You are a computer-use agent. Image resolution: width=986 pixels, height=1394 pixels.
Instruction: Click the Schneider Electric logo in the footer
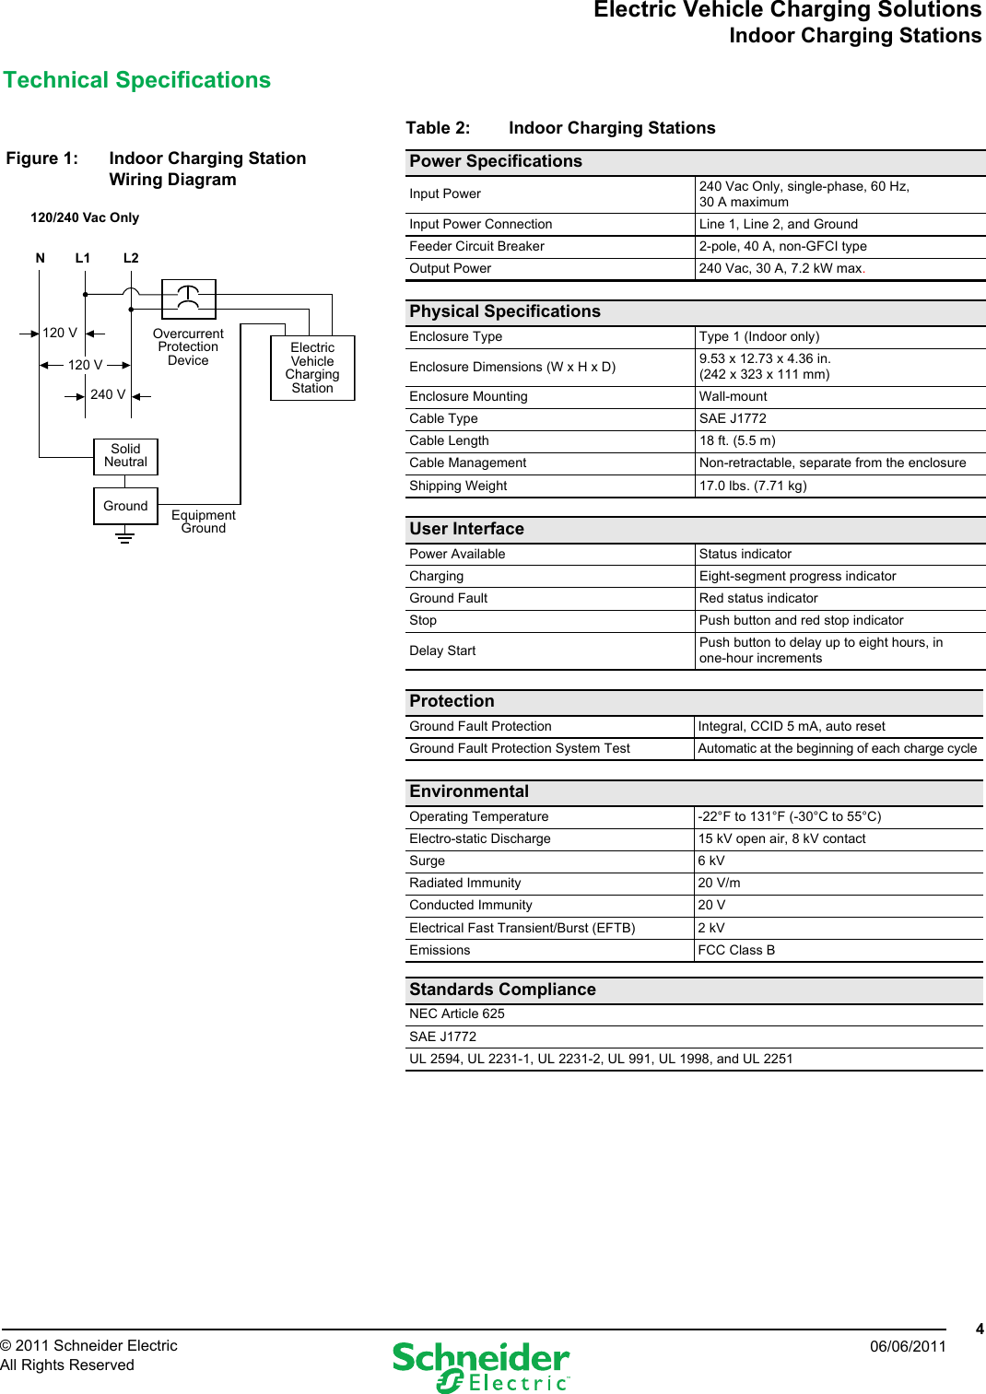tap(481, 1366)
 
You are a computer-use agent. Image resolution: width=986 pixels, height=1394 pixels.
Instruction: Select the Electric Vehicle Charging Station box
tap(312, 368)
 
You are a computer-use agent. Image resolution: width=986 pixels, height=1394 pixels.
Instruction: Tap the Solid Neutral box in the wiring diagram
tap(126, 456)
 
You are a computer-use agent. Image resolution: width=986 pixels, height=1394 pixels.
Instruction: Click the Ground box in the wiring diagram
tap(125, 506)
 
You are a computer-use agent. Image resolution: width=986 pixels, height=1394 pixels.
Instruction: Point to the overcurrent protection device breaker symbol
tap(188, 298)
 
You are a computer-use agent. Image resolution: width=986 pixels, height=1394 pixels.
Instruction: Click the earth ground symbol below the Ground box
tap(125, 536)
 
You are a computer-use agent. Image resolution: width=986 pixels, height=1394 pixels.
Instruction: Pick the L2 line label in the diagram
tap(131, 258)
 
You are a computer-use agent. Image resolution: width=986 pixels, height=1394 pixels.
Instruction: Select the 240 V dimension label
tap(108, 394)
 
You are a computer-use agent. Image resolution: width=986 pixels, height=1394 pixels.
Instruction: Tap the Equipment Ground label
tap(204, 521)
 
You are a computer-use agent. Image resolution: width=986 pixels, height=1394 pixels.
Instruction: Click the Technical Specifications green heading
tap(137, 80)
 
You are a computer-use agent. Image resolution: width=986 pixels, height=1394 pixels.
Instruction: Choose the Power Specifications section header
tap(496, 161)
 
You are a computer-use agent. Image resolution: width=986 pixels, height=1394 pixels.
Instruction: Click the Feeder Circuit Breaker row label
tap(476, 246)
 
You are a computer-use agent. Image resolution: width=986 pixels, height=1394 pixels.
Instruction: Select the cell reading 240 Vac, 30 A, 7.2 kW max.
tap(781, 268)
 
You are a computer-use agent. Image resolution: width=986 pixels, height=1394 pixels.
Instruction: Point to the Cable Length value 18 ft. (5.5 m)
tap(737, 440)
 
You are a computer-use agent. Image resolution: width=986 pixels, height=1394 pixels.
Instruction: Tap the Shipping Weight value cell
tap(753, 486)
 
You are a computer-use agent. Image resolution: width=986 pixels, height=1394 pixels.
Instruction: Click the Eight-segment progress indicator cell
tap(797, 576)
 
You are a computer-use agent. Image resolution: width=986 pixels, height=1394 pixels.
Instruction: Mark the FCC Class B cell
tap(736, 950)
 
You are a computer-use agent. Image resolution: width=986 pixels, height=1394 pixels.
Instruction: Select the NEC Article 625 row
tap(457, 1013)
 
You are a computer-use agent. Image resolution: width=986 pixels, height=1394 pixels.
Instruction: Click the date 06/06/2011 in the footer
tap(908, 1346)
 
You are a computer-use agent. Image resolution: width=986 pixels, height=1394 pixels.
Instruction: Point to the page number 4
tap(980, 1329)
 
